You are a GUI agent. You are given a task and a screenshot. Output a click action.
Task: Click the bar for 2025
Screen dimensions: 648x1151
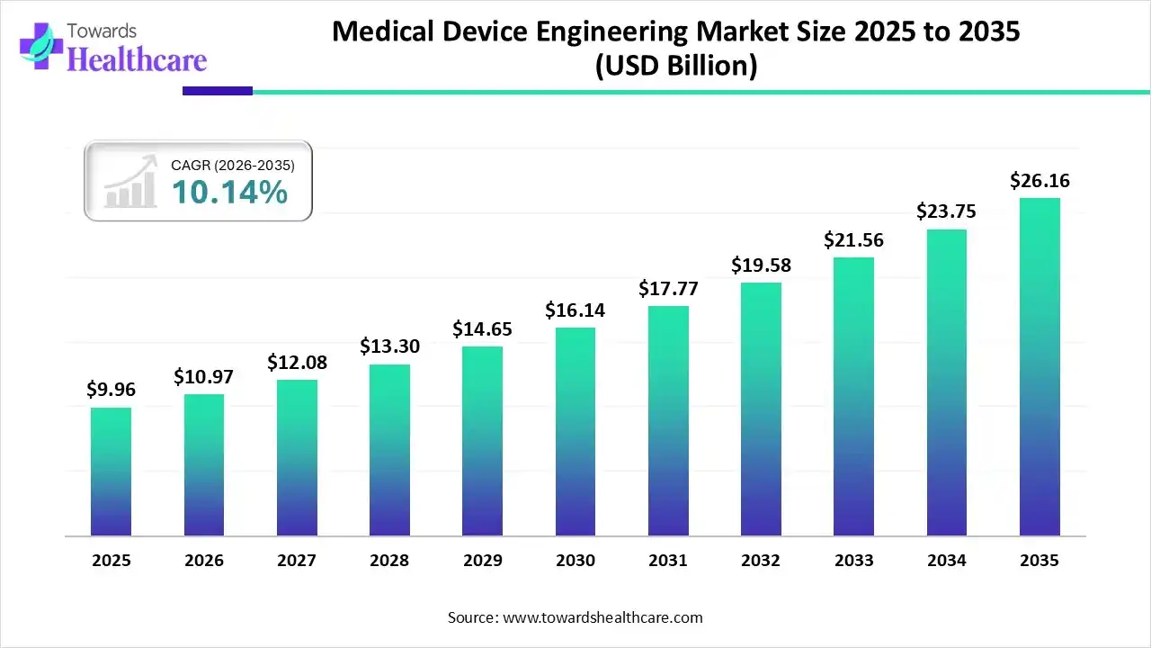111,472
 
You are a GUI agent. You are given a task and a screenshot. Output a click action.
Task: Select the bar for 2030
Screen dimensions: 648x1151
575,432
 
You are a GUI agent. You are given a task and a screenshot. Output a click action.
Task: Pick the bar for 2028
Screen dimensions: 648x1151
389,450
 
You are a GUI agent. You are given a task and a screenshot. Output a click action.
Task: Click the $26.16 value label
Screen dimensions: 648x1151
1039,181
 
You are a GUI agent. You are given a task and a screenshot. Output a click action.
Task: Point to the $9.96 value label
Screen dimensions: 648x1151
111,390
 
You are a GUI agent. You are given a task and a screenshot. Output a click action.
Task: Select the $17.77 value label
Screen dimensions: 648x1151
668,289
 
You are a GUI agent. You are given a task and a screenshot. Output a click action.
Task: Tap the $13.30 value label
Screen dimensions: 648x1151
389,346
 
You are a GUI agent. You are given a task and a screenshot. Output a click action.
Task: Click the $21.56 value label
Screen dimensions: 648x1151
853,240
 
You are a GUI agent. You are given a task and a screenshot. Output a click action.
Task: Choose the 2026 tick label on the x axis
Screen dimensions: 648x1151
204,561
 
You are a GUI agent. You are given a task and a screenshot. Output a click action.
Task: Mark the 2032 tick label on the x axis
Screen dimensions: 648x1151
761,561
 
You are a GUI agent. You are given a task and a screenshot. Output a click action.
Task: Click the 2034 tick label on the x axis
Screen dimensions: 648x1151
947,561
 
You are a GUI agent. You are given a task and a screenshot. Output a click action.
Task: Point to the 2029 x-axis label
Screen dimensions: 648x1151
482,561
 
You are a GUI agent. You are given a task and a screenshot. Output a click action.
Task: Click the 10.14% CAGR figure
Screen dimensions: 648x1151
229,192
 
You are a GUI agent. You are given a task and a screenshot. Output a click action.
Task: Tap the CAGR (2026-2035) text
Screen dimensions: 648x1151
232,165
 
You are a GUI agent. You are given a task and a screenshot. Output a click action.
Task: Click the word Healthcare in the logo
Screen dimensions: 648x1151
137,59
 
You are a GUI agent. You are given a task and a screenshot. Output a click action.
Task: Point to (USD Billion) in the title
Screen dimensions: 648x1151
676,66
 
